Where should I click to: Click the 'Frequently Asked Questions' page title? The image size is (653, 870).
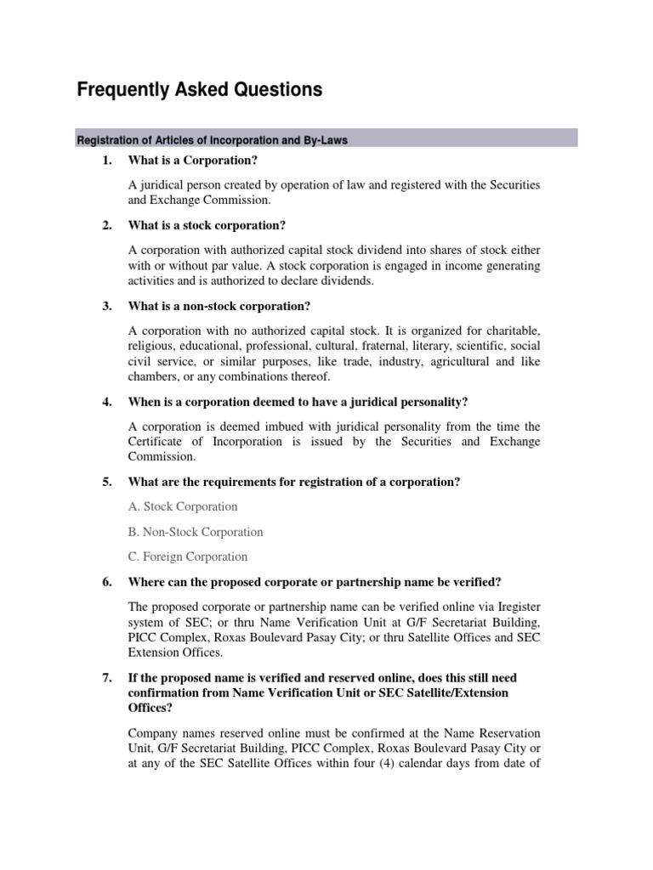click(200, 90)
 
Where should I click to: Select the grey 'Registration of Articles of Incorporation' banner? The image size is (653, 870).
click(327, 138)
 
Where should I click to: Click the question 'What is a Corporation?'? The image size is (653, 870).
click(192, 160)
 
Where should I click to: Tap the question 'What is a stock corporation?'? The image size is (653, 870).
click(207, 225)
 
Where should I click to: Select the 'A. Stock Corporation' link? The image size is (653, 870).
click(183, 506)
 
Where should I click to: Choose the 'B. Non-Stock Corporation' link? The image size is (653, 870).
click(196, 532)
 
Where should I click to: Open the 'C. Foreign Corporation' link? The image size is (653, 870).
click(188, 556)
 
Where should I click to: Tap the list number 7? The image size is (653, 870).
click(107, 678)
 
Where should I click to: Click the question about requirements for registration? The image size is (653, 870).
click(294, 482)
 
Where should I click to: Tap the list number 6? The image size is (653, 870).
click(107, 581)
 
